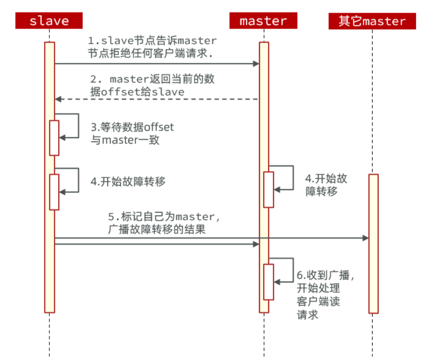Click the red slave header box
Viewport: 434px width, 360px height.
pyautogui.click(x=49, y=21)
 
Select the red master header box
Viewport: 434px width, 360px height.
pyautogui.click(x=263, y=21)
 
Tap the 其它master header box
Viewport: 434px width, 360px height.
pyautogui.click(x=372, y=21)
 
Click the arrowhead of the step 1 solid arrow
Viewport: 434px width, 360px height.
pyautogui.click(x=256, y=64)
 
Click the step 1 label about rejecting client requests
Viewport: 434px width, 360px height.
pyautogui.click(x=152, y=47)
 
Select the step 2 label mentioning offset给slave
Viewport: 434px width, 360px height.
pyautogui.click(x=152, y=86)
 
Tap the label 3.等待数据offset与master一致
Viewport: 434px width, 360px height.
pyautogui.click(x=132, y=133)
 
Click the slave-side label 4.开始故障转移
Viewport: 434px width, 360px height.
pyautogui.click(x=128, y=182)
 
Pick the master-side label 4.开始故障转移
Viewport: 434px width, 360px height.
pyautogui.click(x=326, y=185)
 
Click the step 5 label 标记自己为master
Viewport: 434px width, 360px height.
pyautogui.click(x=164, y=223)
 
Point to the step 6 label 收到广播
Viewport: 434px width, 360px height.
pyautogui.click(x=325, y=295)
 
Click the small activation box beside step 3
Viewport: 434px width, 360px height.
pyautogui.click(x=54, y=138)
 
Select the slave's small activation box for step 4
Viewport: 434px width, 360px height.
pyautogui.click(x=54, y=192)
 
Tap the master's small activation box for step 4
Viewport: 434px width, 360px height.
pyautogui.click(x=268, y=190)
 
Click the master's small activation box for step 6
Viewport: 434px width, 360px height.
pyautogui.click(x=268, y=282)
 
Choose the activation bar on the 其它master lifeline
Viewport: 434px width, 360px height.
pyautogui.click(x=374, y=243)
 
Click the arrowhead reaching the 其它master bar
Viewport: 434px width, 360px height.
pyautogui.click(x=366, y=238)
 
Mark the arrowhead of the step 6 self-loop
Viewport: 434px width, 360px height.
pyautogui.click(x=277, y=282)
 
